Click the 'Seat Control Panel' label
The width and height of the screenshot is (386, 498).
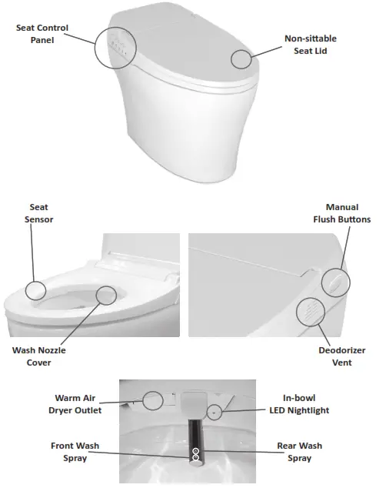42,34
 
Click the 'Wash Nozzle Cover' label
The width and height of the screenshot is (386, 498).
39,356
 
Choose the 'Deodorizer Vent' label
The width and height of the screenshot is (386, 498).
337,355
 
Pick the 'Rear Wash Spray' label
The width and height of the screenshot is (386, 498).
299,452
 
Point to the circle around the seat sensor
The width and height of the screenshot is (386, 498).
35,290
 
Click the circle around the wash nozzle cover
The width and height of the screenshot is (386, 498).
107,294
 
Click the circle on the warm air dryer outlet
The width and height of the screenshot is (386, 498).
153,399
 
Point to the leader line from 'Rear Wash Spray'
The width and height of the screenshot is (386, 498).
238,452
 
